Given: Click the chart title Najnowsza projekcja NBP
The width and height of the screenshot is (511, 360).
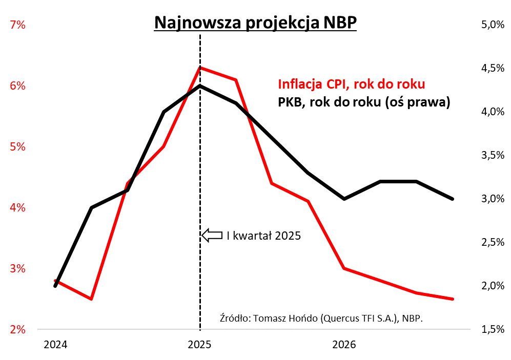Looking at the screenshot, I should point(255,23).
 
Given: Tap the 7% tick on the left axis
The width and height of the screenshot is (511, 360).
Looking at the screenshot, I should point(17,25).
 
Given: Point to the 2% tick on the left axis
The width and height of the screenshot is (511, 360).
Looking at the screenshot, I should point(17,329).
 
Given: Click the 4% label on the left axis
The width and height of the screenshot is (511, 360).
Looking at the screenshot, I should point(17,207).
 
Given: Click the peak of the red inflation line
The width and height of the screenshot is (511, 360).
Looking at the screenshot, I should point(200,67).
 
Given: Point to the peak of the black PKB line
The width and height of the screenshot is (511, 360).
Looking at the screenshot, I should point(200,86).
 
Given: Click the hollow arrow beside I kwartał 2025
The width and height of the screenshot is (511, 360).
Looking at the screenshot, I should point(211,236).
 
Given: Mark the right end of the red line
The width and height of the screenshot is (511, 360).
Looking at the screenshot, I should point(453,299).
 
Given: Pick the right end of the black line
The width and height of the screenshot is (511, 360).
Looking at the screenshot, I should point(453,199).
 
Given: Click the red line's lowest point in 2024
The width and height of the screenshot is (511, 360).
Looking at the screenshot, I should point(91,299).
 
